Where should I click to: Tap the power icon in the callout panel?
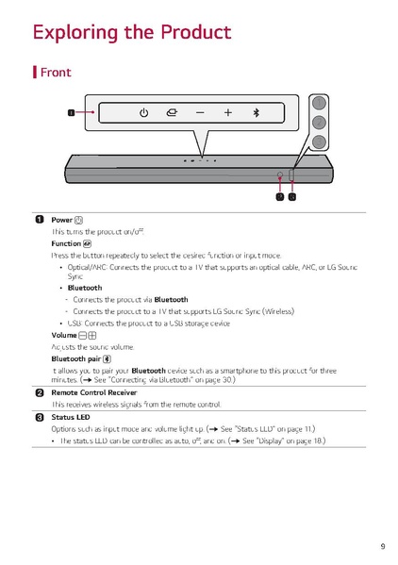(x=143, y=113)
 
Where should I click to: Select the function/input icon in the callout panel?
(x=171, y=113)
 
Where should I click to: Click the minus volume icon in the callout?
(x=200, y=113)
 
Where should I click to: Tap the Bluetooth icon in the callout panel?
(x=255, y=113)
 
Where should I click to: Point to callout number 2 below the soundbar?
(x=279, y=197)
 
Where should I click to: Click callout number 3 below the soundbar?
(x=292, y=197)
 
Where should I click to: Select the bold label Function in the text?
(x=66, y=243)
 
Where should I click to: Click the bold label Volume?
(x=63, y=336)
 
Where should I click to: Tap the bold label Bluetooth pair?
(x=75, y=358)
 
